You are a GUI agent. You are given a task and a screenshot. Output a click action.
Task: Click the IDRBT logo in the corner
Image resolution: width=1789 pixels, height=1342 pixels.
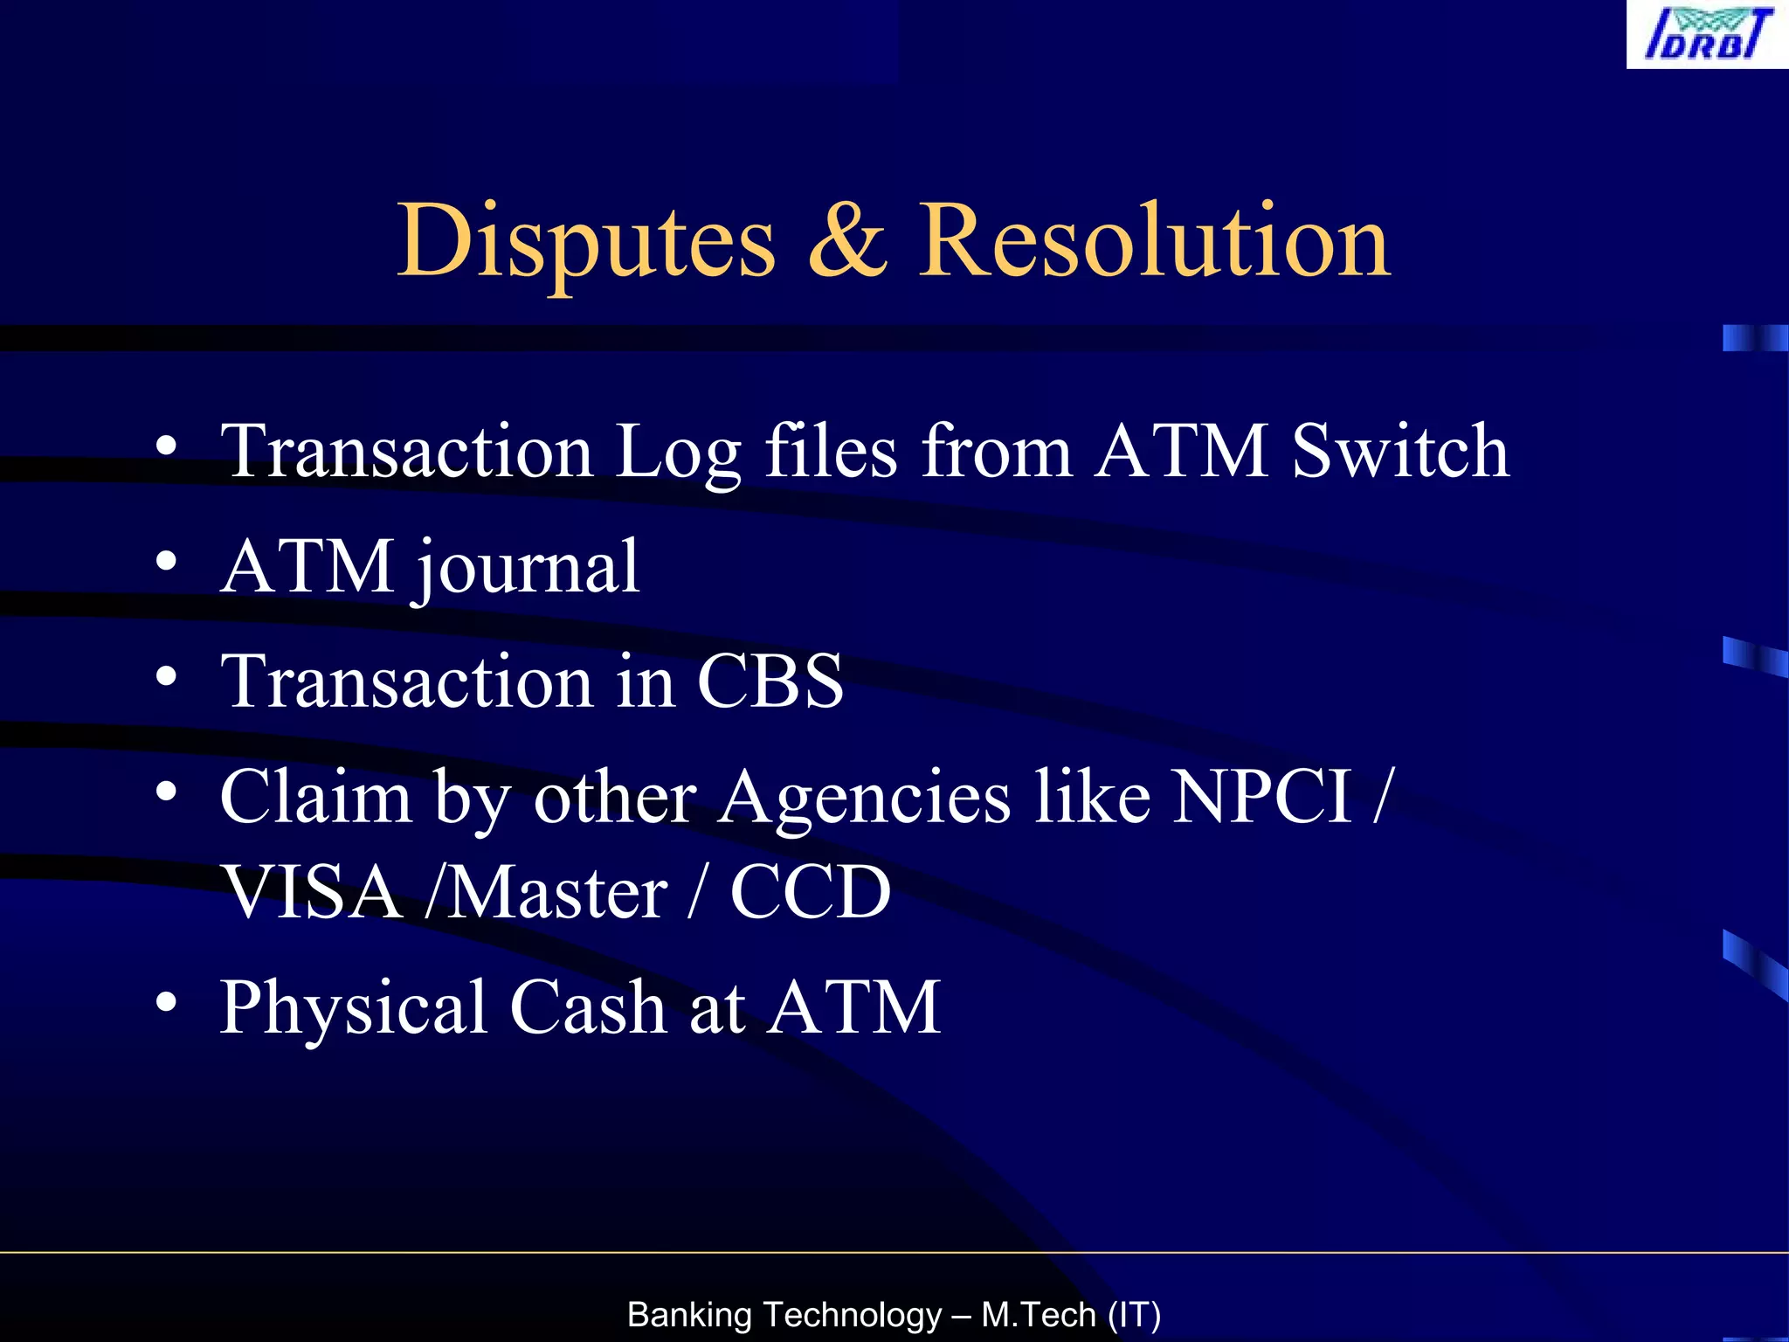click(x=1707, y=34)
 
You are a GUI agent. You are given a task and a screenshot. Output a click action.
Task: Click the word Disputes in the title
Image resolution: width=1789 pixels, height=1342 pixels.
click(x=586, y=240)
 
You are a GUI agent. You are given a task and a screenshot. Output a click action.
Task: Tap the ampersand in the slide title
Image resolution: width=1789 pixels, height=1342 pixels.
click(x=846, y=240)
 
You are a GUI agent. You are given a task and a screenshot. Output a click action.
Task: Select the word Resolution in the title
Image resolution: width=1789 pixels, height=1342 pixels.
click(x=1153, y=240)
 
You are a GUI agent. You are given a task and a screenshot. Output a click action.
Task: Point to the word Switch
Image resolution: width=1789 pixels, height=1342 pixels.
click(x=1400, y=451)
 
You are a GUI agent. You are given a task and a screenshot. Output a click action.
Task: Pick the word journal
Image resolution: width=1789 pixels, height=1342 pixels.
click(x=528, y=569)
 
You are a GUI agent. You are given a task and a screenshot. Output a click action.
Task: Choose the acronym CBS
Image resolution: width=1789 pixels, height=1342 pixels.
click(x=770, y=681)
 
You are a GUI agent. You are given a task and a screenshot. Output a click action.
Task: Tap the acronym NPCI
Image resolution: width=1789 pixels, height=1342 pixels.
click(x=1261, y=796)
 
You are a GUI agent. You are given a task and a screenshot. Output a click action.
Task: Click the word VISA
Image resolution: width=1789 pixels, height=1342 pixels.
click(x=312, y=892)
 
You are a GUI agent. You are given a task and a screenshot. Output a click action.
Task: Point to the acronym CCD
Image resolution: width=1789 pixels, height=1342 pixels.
click(x=810, y=892)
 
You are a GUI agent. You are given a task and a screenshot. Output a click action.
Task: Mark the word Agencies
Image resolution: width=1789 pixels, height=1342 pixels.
click(x=864, y=798)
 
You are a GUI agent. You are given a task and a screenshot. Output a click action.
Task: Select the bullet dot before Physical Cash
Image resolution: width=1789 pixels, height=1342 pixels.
click(x=167, y=1001)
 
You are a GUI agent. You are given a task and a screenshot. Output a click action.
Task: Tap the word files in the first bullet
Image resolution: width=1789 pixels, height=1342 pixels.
click(x=831, y=451)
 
